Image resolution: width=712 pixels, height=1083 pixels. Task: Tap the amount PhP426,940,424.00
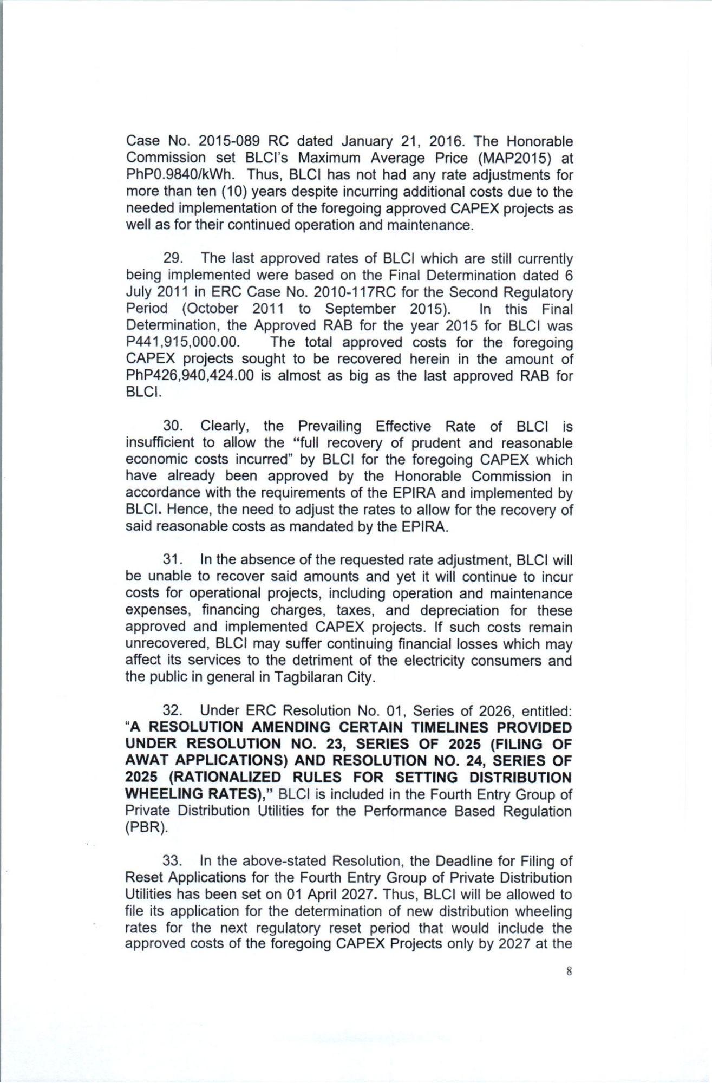coord(190,376)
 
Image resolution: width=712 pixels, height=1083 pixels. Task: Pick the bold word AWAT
coord(148,760)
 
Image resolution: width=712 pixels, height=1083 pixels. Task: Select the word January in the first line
coord(367,141)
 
